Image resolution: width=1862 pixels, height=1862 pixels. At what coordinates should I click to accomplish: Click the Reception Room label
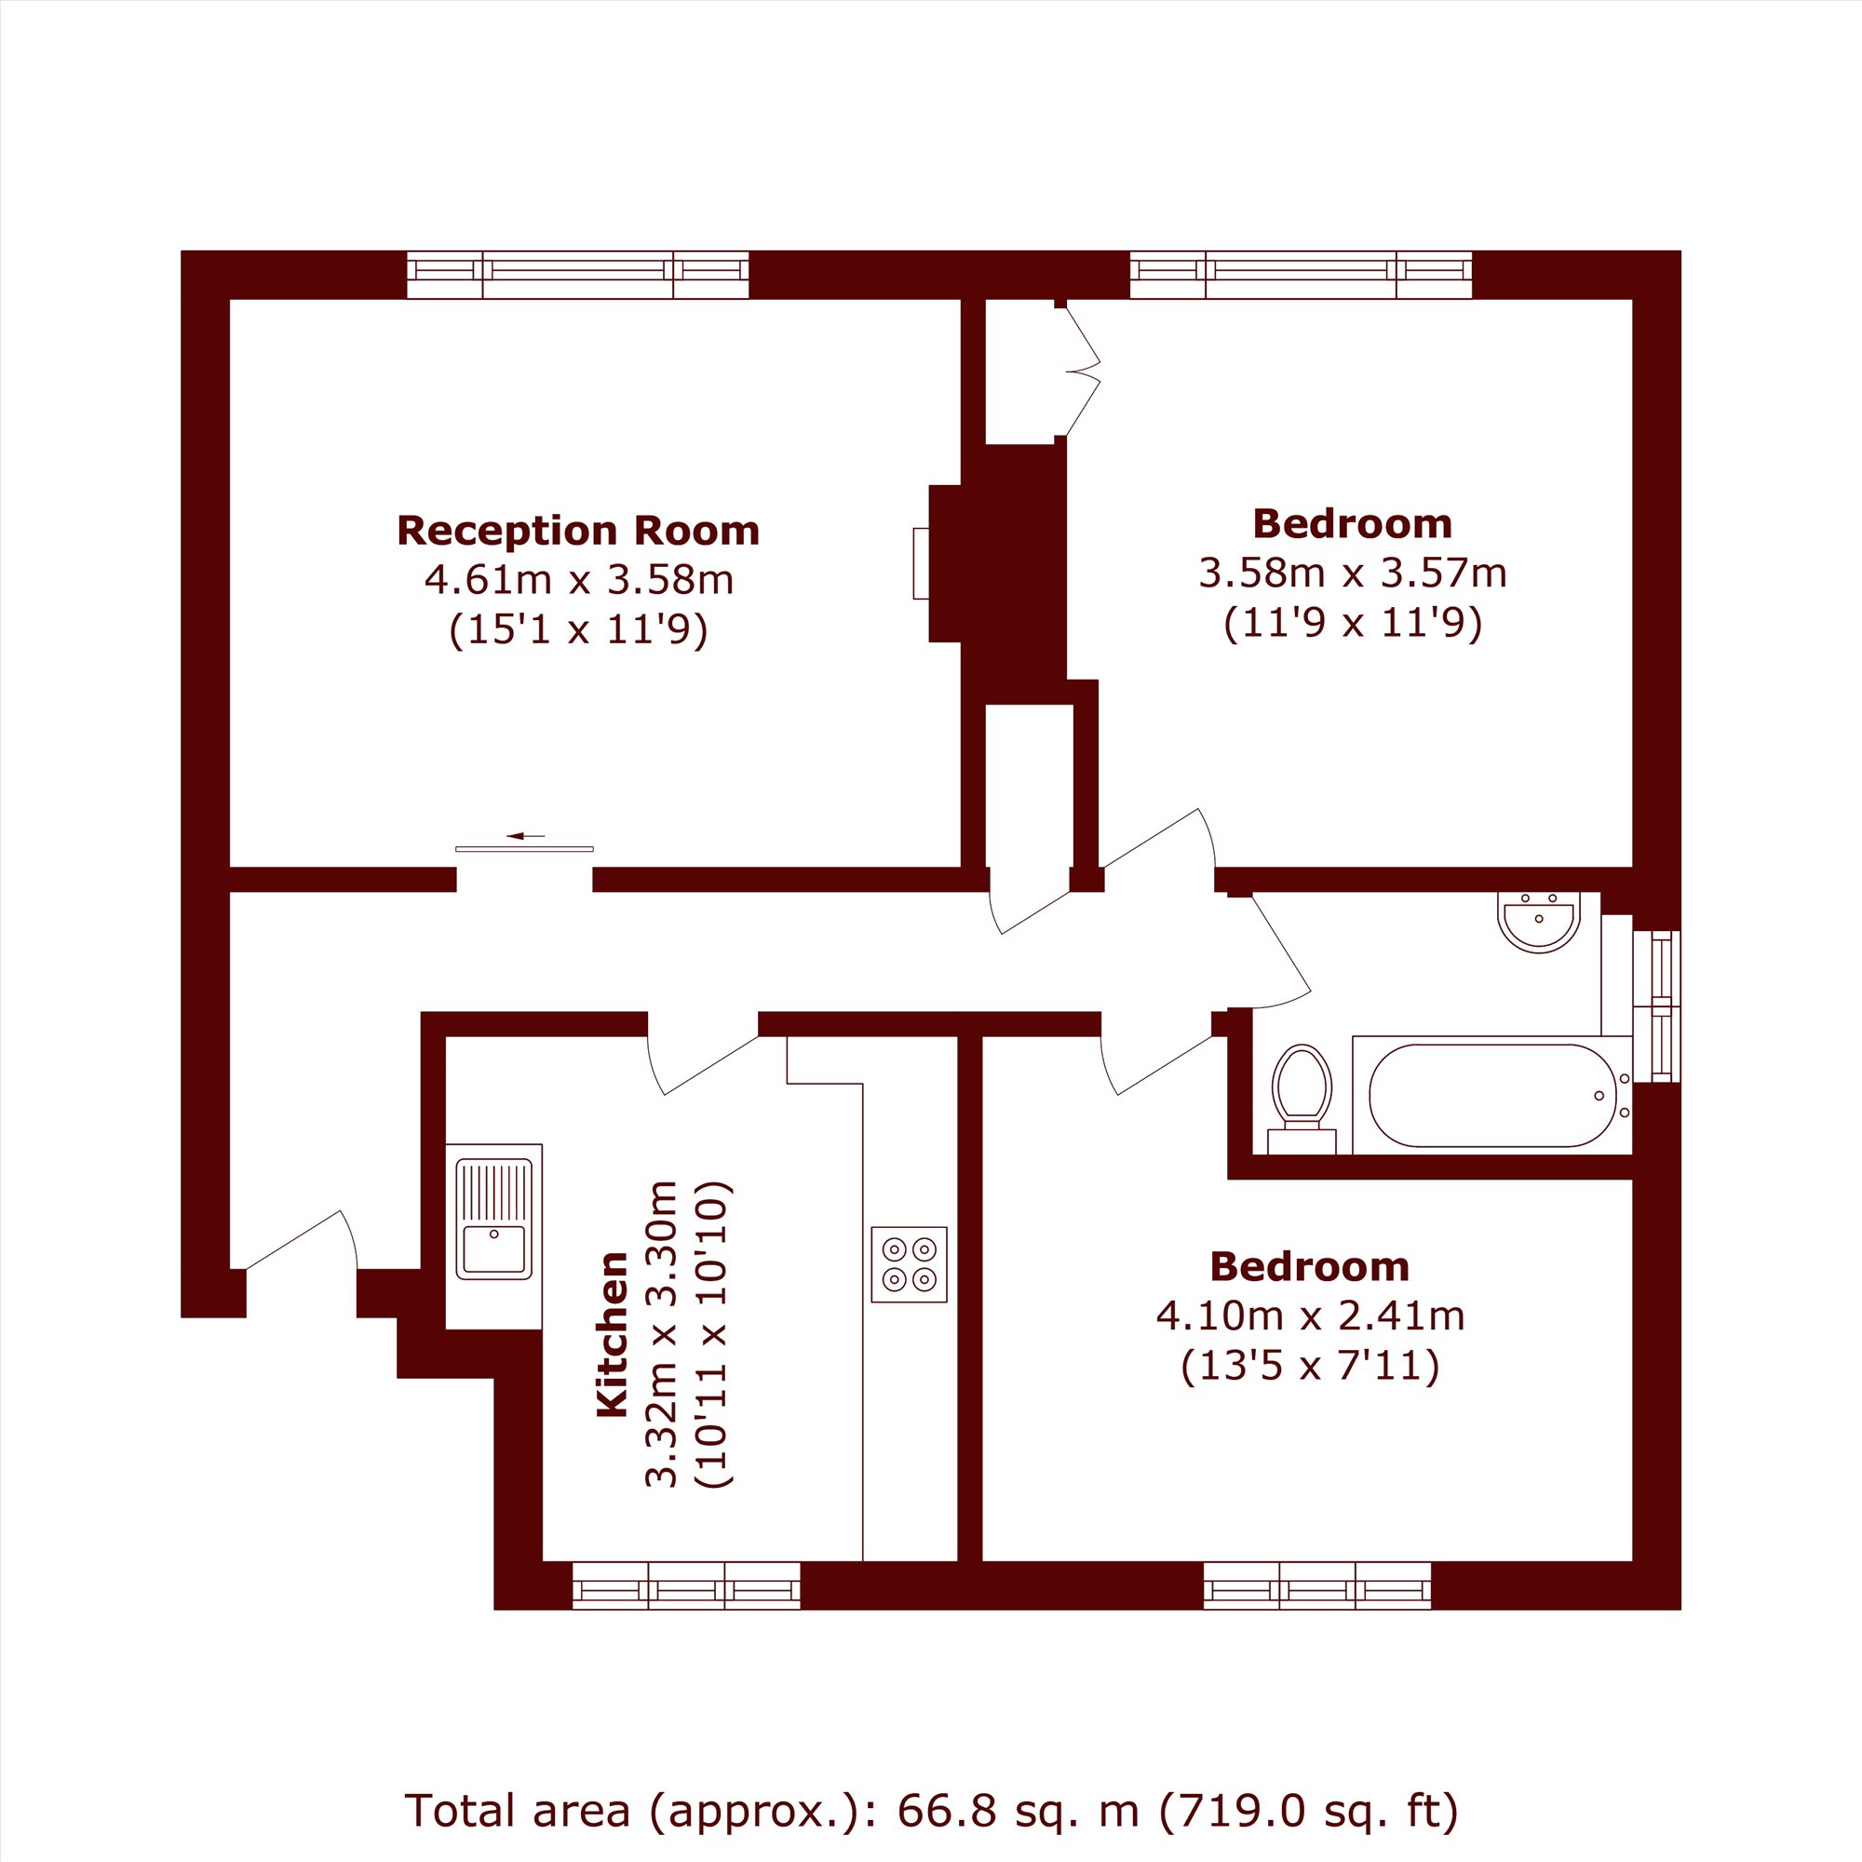click(578, 531)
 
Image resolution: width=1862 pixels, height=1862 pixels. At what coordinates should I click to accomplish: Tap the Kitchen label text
click(612, 1334)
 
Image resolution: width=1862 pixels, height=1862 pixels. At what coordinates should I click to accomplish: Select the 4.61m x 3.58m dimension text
click(579, 580)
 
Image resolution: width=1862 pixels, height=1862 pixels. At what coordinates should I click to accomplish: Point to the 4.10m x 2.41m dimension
click(1310, 1316)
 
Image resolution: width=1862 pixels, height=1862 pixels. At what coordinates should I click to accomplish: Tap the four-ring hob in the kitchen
click(909, 1264)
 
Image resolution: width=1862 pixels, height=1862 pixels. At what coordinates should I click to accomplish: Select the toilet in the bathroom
click(1302, 1099)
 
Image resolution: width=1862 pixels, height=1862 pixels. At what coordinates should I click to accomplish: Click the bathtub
click(1491, 1095)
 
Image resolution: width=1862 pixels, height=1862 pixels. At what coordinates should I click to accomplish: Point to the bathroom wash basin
click(1540, 922)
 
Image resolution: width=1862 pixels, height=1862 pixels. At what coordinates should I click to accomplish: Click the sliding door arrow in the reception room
click(525, 836)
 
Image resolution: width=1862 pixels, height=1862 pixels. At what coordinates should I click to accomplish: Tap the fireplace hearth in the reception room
click(922, 564)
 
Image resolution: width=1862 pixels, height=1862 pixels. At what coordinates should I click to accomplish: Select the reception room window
click(578, 275)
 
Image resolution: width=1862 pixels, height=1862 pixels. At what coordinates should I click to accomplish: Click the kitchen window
click(686, 1585)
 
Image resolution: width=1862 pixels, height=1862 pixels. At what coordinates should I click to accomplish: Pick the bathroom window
click(1657, 1005)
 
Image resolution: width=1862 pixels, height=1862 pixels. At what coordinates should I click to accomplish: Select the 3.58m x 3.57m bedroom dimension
click(1352, 573)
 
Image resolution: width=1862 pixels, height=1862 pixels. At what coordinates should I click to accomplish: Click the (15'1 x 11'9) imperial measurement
click(579, 629)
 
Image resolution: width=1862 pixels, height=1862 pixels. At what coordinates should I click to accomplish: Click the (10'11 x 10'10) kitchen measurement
click(714, 1334)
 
